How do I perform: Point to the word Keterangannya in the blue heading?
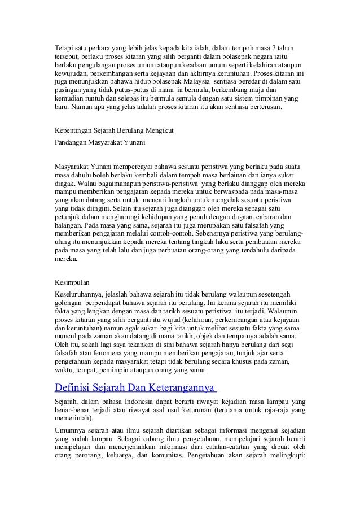click(182, 387)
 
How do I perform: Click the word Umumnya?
click(69, 430)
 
